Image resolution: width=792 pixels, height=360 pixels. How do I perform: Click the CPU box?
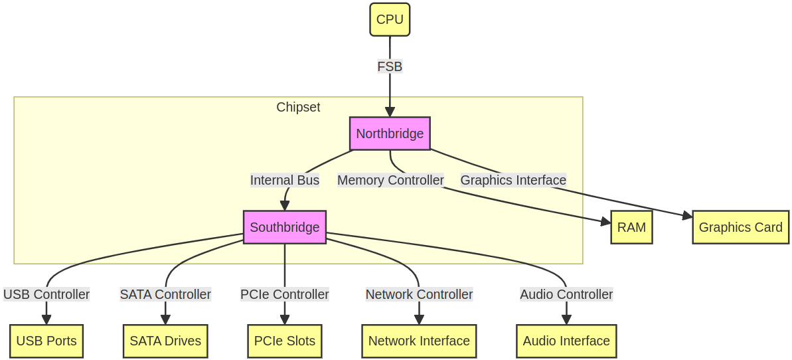[x=390, y=19]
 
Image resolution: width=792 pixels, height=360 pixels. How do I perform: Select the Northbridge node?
[x=390, y=134]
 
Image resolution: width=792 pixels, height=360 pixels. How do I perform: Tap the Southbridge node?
[x=284, y=227]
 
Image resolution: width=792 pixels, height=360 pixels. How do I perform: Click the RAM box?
[x=631, y=227]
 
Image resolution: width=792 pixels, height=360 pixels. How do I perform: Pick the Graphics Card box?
[x=740, y=227]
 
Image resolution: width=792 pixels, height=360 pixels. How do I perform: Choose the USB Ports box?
[x=46, y=341]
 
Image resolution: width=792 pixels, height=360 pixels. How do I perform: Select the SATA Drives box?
[x=165, y=341]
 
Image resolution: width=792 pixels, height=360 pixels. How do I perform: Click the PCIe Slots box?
[x=284, y=341]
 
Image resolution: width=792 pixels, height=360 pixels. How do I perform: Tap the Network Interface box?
[x=419, y=341]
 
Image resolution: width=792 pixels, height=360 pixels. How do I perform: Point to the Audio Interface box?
[x=566, y=341]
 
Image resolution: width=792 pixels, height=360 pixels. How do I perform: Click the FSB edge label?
[x=390, y=66]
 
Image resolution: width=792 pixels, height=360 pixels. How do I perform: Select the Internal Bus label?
[x=284, y=180]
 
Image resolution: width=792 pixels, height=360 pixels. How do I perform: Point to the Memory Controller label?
[x=390, y=180]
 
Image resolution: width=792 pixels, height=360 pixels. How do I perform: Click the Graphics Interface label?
[x=513, y=180]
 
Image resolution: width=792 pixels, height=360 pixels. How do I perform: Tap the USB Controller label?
[x=46, y=294]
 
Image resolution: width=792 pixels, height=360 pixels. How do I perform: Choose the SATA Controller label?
[x=165, y=294]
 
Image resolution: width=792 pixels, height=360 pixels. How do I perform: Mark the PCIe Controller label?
[x=284, y=294]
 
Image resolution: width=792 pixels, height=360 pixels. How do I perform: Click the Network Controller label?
[x=419, y=294]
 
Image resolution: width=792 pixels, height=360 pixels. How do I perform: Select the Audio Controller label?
[x=566, y=294]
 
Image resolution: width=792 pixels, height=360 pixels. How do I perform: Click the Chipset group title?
[x=298, y=107]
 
